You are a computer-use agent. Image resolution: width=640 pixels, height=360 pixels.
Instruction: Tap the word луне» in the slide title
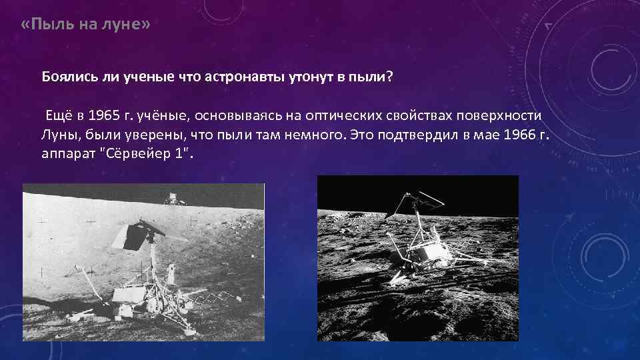pos(126,25)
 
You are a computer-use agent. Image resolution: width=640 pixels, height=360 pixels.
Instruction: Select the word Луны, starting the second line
pos(57,135)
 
